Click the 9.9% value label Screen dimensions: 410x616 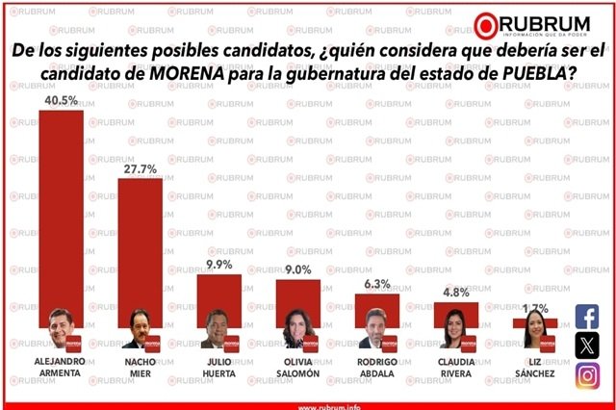coord(218,265)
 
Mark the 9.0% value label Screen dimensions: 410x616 coord(297,270)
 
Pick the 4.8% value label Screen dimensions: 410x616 coord(455,293)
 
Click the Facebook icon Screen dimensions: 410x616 coord(587,316)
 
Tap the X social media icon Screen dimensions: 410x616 coord(587,346)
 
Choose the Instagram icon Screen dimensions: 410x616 coord(587,375)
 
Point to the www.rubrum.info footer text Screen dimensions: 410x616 coord(307,404)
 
